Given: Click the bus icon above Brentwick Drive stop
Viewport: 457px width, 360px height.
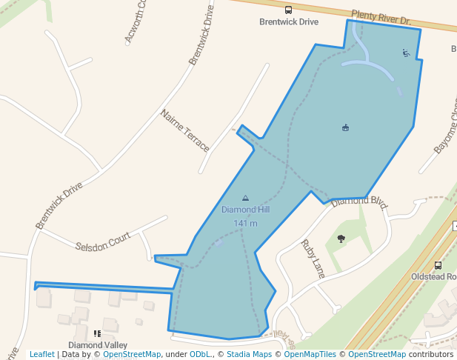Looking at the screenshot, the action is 288,10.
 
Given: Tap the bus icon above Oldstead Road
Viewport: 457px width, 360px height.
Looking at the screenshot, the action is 438,265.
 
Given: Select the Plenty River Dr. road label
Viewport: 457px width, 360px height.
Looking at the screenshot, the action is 381,18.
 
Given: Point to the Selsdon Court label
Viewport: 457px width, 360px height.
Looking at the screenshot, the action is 103,241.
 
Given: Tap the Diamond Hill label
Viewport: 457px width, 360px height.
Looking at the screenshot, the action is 245,210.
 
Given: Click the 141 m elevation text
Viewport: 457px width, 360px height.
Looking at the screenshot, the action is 245,223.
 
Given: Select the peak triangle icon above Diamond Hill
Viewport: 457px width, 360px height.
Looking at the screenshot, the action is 245,198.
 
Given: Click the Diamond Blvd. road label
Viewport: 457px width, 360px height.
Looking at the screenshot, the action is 360,201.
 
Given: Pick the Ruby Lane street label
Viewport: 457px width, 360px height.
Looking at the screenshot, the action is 313,258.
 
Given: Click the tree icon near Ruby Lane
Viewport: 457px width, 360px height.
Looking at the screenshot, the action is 341,239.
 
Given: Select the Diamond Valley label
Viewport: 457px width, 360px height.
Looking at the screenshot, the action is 98,345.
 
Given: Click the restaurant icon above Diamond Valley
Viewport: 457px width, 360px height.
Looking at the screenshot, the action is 97,334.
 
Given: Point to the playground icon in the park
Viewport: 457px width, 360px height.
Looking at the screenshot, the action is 405,52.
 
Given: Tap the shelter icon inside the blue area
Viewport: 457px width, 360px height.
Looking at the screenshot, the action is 345,128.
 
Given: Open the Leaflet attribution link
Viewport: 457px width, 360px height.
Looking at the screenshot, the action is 42,355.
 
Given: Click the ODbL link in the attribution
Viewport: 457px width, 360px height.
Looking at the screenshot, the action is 201,355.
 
